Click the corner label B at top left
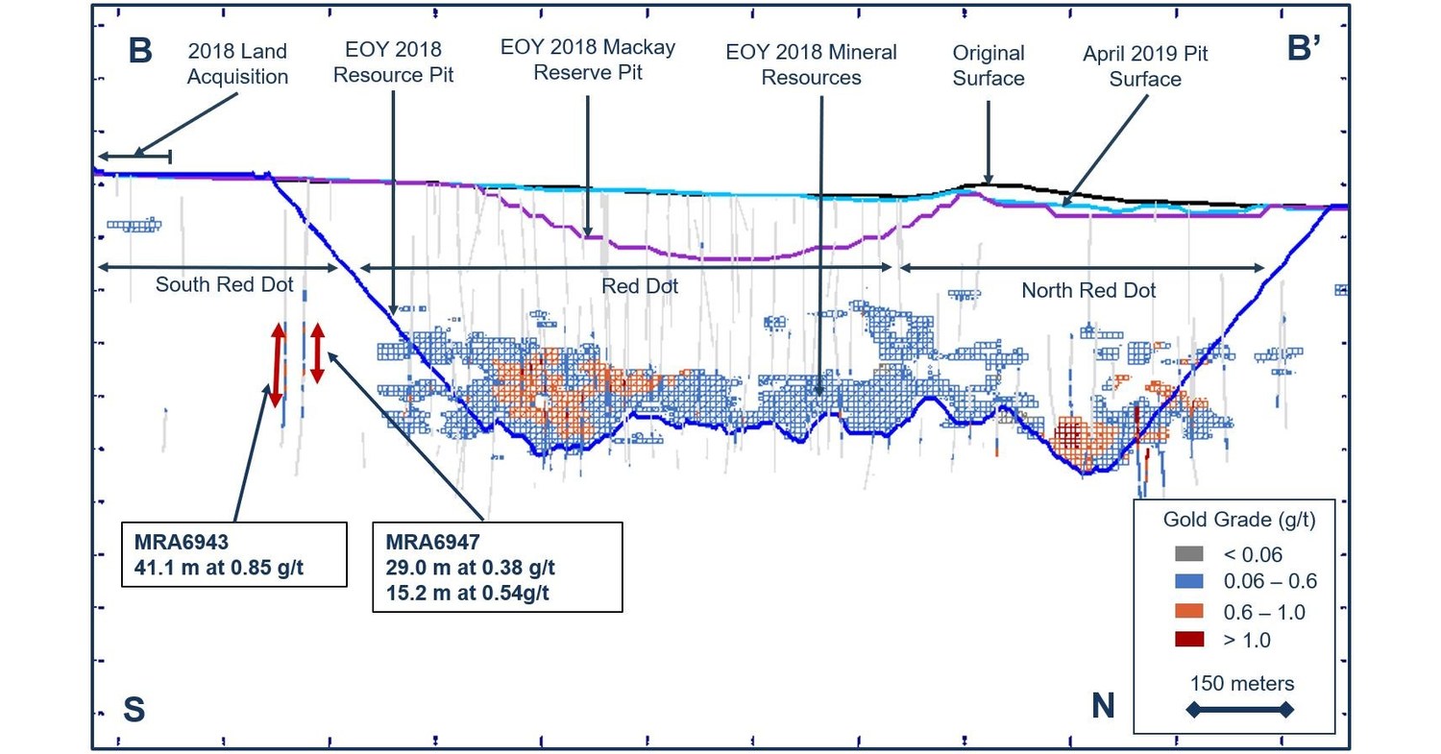click(140, 51)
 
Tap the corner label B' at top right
click(1306, 51)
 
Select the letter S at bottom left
click(134, 708)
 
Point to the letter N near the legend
click(1103, 706)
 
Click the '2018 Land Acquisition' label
click(236, 64)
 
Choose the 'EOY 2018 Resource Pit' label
click(393, 64)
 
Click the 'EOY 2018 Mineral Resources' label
click(811, 64)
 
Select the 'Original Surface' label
click(989, 64)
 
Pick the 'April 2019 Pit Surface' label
click(1145, 66)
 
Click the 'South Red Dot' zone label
click(224, 284)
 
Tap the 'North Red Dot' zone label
click(1088, 289)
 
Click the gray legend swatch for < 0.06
click(1188, 554)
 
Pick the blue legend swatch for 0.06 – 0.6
click(1188, 582)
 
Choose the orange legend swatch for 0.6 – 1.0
click(1188, 611)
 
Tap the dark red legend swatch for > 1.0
click(1188, 640)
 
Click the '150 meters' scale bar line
click(1241, 710)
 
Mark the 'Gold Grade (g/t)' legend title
click(1238, 521)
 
